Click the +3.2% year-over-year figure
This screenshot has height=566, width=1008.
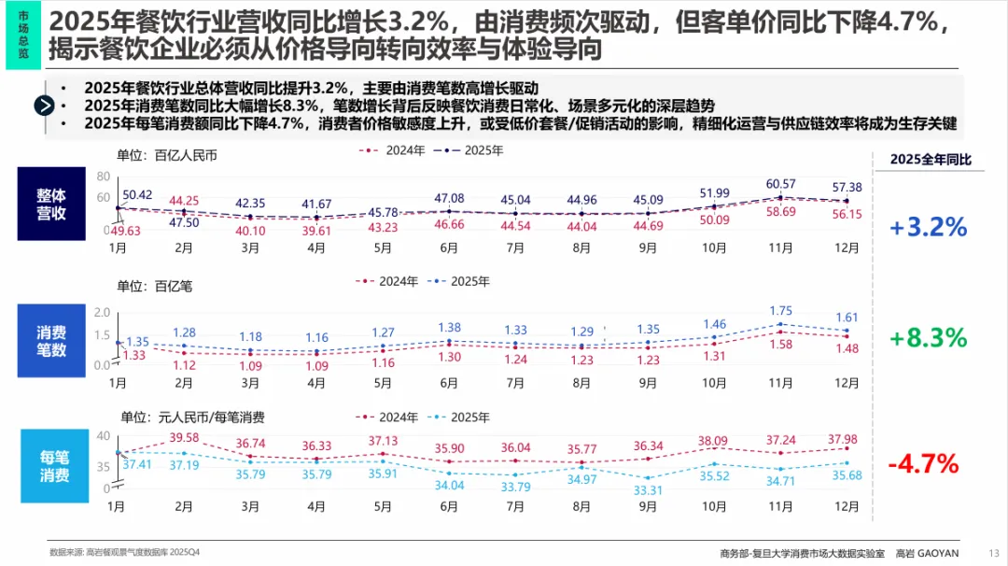pyautogui.click(x=929, y=227)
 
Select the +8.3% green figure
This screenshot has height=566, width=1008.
pyautogui.click(x=929, y=337)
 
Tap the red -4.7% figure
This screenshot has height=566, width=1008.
pyautogui.click(x=923, y=463)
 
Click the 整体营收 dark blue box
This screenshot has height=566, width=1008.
pyautogui.click(x=51, y=205)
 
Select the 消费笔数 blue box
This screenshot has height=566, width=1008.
pyautogui.click(x=51, y=340)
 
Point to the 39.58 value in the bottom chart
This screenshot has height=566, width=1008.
pyautogui.click(x=184, y=438)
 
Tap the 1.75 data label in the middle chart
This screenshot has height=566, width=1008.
pyautogui.click(x=780, y=311)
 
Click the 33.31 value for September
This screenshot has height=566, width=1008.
pyautogui.click(x=647, y=489)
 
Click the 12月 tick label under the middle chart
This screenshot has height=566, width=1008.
pyautogui.click(x=847, y=383)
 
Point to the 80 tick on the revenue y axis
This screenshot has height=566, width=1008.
pyautogui.click(x=103, y=176)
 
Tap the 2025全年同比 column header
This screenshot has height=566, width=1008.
pyautogui.click(x=930, y=160)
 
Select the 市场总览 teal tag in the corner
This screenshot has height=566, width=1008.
pyautogui.click(x=22, y=35)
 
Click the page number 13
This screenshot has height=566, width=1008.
pyautogui.click(x=993, y=553)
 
